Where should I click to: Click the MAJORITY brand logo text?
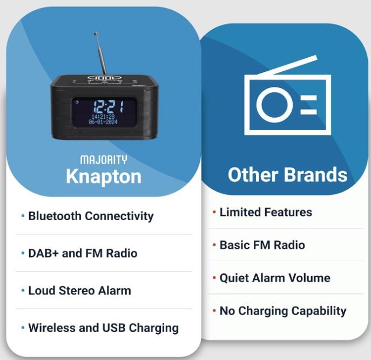click(104, 160)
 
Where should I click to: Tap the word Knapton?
click(104, 176)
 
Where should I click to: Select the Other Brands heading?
click(287, 174)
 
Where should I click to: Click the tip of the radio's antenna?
click(96, 34)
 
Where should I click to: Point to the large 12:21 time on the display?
click(109, 107)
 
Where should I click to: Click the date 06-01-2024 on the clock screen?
click(103, 122)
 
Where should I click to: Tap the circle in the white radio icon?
click(273, 105)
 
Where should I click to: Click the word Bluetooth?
click(55, 216)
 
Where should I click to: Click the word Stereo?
click(77, 290)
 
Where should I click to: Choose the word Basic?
click(234, 245)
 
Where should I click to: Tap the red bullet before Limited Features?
click(214, 212)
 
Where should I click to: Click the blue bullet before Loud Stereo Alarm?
click(23, 290)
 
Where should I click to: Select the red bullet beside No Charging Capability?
click(214, 311)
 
